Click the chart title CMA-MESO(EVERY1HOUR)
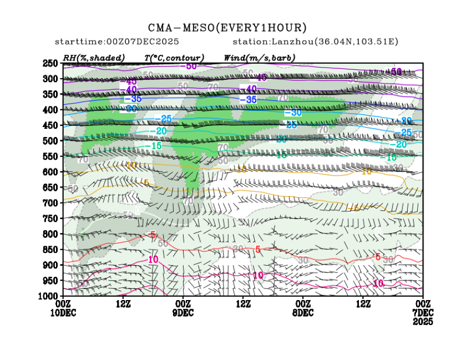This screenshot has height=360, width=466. [x=227, y=27]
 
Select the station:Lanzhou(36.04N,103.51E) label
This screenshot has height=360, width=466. [x=315, y=42]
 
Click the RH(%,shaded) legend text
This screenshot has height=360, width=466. [x=94, y=58]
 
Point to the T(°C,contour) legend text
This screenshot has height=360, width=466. [x=174, y=58]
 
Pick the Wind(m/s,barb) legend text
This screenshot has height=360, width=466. [x=259, y=58]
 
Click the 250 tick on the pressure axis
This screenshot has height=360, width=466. [x=50, y=63]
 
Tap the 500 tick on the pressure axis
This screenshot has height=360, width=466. [x=50, y=141]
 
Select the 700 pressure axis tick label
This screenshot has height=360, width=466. [x=50, y=203]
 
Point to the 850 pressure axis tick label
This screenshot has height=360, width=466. [x=50, y=250]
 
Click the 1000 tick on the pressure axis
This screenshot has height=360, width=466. [x=48, y=296]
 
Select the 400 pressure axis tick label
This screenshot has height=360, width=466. [x=50, y=110]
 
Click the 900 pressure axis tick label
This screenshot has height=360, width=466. [x=50, y=265]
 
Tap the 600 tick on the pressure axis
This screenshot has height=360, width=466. [x=50, y=172]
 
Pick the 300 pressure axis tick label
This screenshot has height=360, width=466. [x=50, y=79]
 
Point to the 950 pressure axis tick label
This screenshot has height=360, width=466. [x=50, y=281]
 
